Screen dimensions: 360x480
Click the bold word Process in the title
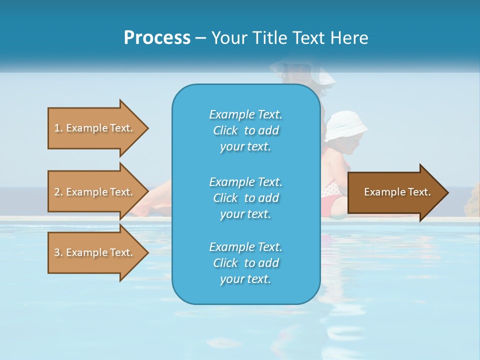[x=157, y=38]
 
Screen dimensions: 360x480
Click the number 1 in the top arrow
[x=56, y=128]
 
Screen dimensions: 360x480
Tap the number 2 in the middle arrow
[x=56, y=192]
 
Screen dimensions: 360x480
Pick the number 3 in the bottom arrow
[x=56, y=252]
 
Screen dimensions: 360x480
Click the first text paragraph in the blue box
[x=245, y=130]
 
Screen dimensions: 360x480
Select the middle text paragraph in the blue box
[x=245, y=198]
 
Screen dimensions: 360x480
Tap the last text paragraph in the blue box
[x=245, y=263]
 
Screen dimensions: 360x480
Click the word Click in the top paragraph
[x=225, y=130]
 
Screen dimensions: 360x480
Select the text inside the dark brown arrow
[x=397, y=192]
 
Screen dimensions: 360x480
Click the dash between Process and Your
[x=201, y=38]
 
